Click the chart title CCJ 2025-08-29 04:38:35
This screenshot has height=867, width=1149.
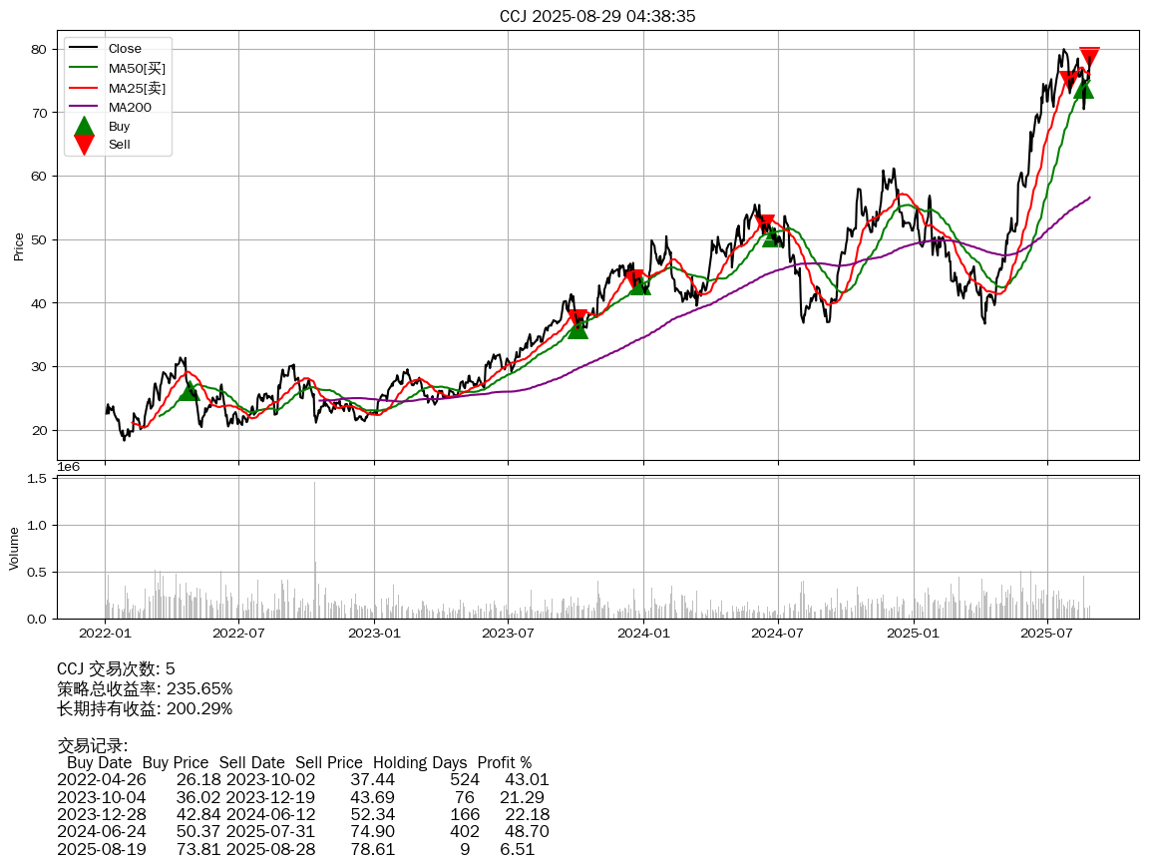click(597, 16)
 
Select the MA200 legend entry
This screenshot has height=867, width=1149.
click(130, 107)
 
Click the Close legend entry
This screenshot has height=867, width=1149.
click(125, 49)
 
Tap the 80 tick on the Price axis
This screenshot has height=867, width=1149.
click(38, 49)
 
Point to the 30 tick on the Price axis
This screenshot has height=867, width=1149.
click(38, 367)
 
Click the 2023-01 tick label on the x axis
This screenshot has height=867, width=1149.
click(374, 633)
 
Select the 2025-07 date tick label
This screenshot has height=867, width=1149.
click(1047, 633)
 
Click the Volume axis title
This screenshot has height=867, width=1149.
click(14, 547)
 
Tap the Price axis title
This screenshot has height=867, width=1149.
click(18, 246)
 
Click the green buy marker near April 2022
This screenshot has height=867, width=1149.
click(189, 390)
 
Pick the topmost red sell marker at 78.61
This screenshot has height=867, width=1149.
click(1089, 56)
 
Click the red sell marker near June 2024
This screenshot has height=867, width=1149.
click(765, 223)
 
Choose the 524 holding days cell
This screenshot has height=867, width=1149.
click(465, 779)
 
